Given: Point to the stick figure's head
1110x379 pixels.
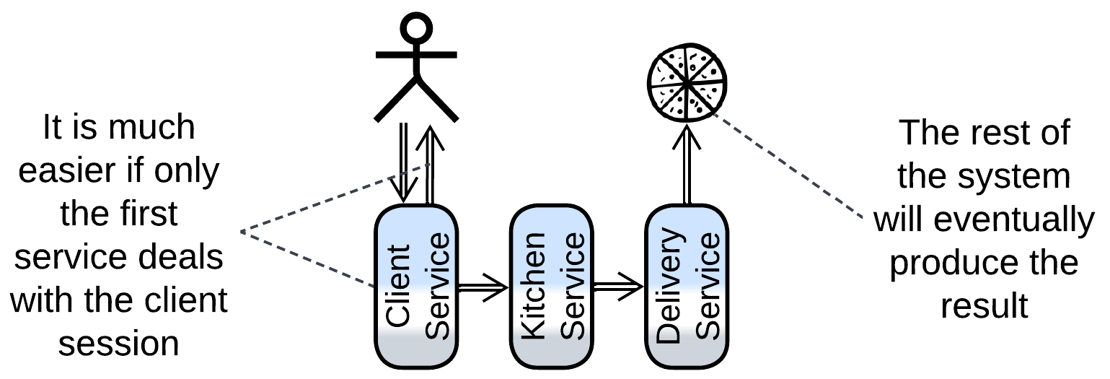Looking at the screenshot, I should [416, 30].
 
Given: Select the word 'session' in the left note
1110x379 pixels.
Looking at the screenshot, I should [119, 342].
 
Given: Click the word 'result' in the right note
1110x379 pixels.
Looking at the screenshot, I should [984, 305].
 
